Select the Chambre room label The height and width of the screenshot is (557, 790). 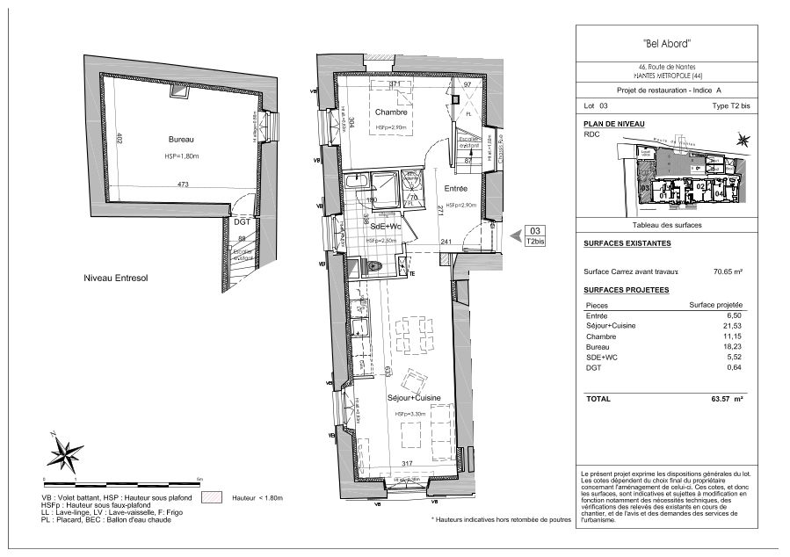(388, 112)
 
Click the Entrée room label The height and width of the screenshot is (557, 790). (454, 189)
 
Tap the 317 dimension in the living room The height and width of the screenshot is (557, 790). (406, 465)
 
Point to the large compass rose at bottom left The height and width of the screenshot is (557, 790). (64, 452)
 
